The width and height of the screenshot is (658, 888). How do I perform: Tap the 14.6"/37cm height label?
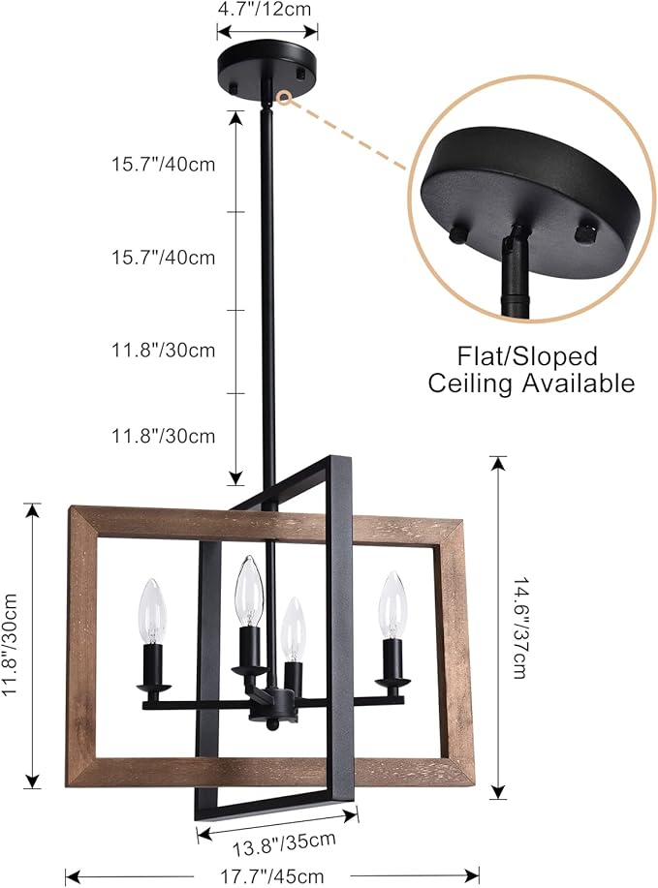(x=520, y=628)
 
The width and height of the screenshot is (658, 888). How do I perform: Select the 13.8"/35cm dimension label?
(x=284, y=843)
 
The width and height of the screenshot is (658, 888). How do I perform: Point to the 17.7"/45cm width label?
(x=272, y=876)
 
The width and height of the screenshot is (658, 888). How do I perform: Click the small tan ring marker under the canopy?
(x=284, y=98)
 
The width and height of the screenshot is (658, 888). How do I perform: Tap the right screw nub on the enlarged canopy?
(x=584, y=232)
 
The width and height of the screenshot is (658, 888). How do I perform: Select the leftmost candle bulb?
(x=153, y=611)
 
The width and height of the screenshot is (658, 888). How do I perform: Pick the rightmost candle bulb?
(x=393, y=605)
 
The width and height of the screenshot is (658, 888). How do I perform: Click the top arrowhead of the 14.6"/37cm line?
(x=497, y=463)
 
